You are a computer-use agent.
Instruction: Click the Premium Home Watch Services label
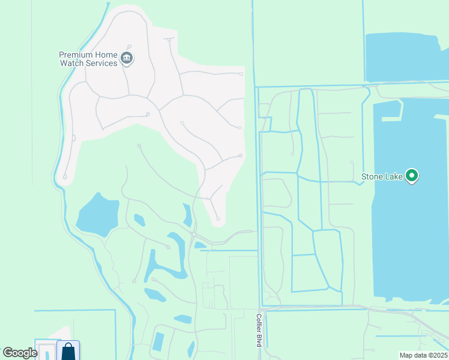(x=88, y=59)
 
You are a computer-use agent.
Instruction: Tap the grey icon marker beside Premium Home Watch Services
(x=127, y=58)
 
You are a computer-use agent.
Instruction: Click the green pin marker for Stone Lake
(x=411, y=176)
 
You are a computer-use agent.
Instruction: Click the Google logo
(x=20, y=353)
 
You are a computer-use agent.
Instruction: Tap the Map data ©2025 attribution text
(x=423, y=355)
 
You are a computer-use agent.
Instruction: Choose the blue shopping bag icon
(x=68, y=351)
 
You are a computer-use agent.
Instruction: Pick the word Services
(x=101, y=63)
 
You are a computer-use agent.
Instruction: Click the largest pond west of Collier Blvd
(x=97, y=214)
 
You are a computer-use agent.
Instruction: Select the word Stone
(x=372, y=176)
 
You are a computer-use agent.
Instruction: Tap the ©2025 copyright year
(x=438, y=355)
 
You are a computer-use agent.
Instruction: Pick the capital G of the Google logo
(x=8, y=353)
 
